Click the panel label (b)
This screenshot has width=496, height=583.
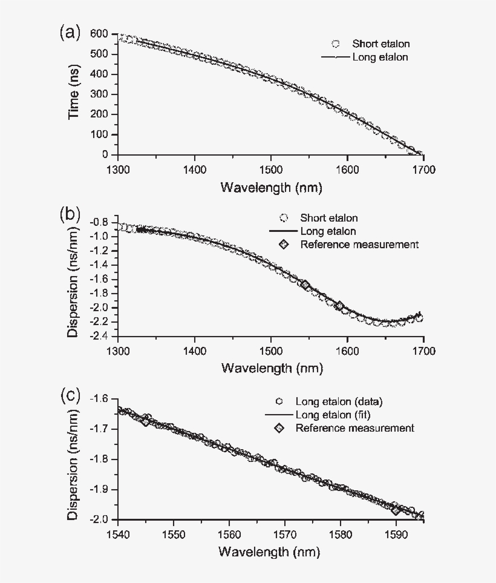[69, 214]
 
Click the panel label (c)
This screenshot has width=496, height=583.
[69, 396]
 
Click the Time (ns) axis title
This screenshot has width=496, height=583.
[74, 94]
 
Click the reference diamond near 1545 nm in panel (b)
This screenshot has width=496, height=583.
[305, 285]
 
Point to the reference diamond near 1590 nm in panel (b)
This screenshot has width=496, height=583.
[339, 306]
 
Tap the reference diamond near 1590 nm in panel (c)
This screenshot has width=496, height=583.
[396, 509]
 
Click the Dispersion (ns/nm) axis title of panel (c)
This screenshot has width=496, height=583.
[73, 459]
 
